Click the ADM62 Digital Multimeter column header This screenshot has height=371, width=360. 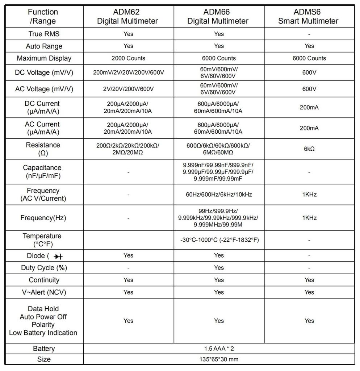click(127, 16)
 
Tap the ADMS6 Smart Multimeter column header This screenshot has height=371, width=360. click(309, 16)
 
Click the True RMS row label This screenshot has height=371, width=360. click(44, 34)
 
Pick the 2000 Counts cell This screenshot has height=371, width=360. click(128, 58)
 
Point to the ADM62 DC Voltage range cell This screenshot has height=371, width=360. click(128, 72)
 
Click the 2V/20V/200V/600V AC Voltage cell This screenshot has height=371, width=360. click(128, 89)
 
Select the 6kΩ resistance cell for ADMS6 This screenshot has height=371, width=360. click(309, 149)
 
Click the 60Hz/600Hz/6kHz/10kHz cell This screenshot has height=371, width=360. click(218, 195)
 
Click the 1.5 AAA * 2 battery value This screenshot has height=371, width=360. click(218, 349)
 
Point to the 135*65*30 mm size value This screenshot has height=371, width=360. click(218, 359)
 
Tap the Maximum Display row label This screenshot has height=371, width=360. click(44, 58)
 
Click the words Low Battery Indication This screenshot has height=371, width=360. click(43, 333)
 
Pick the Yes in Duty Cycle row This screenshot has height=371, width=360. click(219, 268)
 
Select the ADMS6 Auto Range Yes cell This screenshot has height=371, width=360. click(309, 46)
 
